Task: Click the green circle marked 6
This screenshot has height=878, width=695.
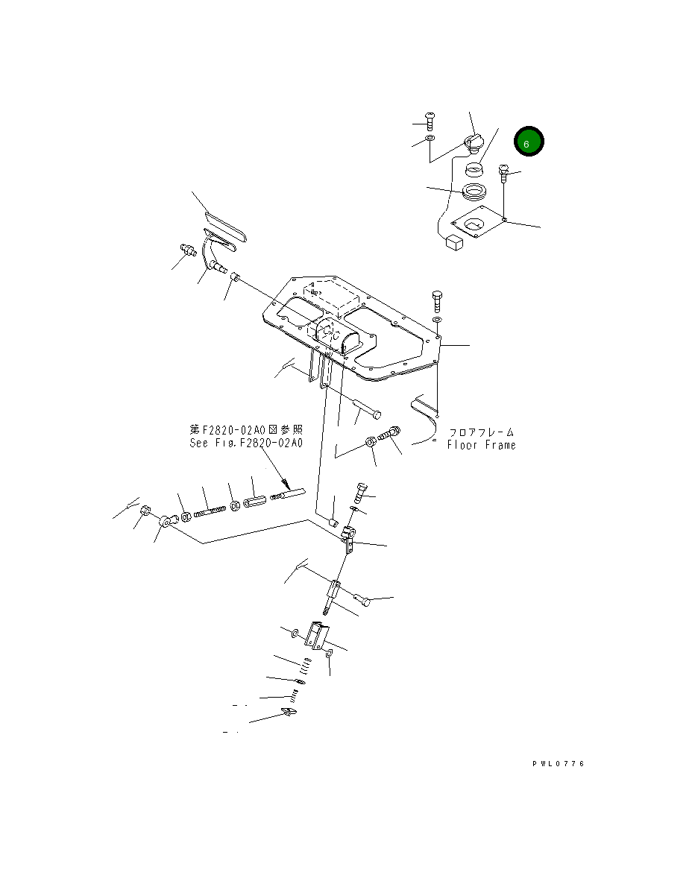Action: click(x=528, y=142)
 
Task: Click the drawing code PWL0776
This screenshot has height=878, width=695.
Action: click(x=559, y=764)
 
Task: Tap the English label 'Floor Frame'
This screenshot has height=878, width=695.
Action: click(x=481, y=445)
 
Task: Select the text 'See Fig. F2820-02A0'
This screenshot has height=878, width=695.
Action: click(x=246, y=442)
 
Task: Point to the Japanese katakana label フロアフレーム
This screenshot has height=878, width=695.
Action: click(x=481, y=432)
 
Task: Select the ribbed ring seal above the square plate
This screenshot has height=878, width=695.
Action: click(x=474, y=192)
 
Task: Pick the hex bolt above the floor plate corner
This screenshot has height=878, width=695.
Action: click(x=437, y=302)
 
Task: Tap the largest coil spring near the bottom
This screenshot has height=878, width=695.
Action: click(x=306, y=663)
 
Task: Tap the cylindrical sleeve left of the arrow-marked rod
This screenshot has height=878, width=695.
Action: click(x=254, y=502)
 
